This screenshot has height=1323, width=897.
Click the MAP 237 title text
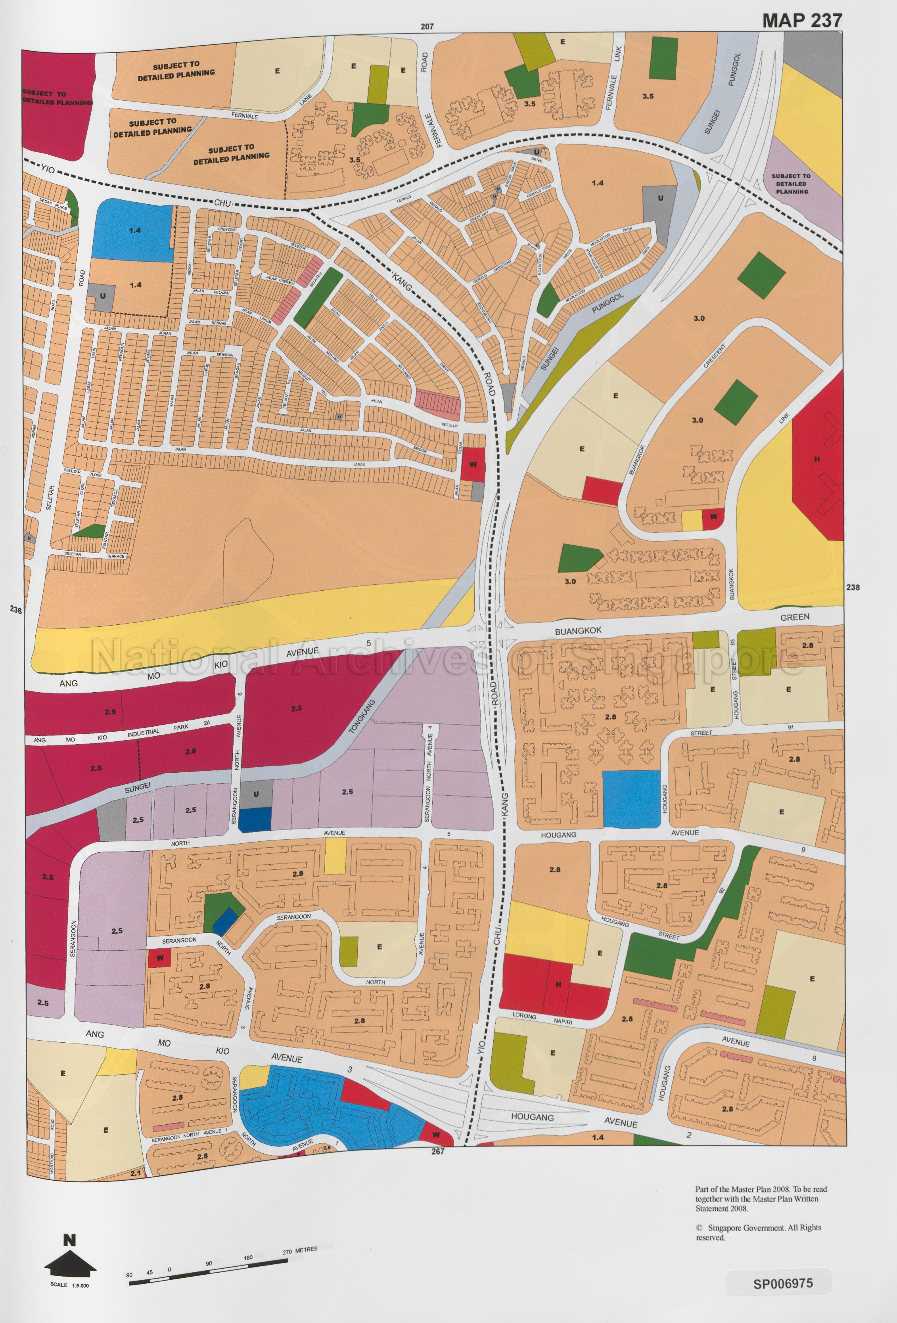point(801,21)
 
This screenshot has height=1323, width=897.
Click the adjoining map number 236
point(15,610)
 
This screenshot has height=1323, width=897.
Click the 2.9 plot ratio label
point(190,751)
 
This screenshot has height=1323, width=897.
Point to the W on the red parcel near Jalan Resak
point(473,464)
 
